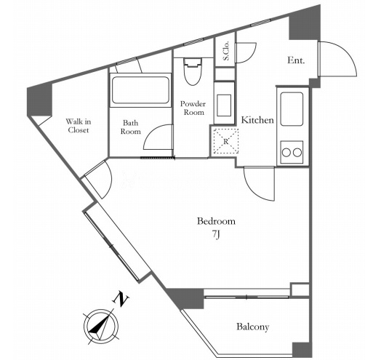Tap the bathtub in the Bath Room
140,90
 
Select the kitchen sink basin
292,109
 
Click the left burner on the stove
286,153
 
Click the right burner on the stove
297,153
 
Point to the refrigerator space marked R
226,141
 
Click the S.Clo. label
226,51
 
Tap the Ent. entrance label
296,60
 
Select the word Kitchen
257,120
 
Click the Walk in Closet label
79,126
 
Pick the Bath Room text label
131,127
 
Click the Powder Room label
193,108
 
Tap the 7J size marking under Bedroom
216,234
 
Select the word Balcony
253,327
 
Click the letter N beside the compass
121,299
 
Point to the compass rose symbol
101,326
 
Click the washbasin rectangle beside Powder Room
224,105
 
